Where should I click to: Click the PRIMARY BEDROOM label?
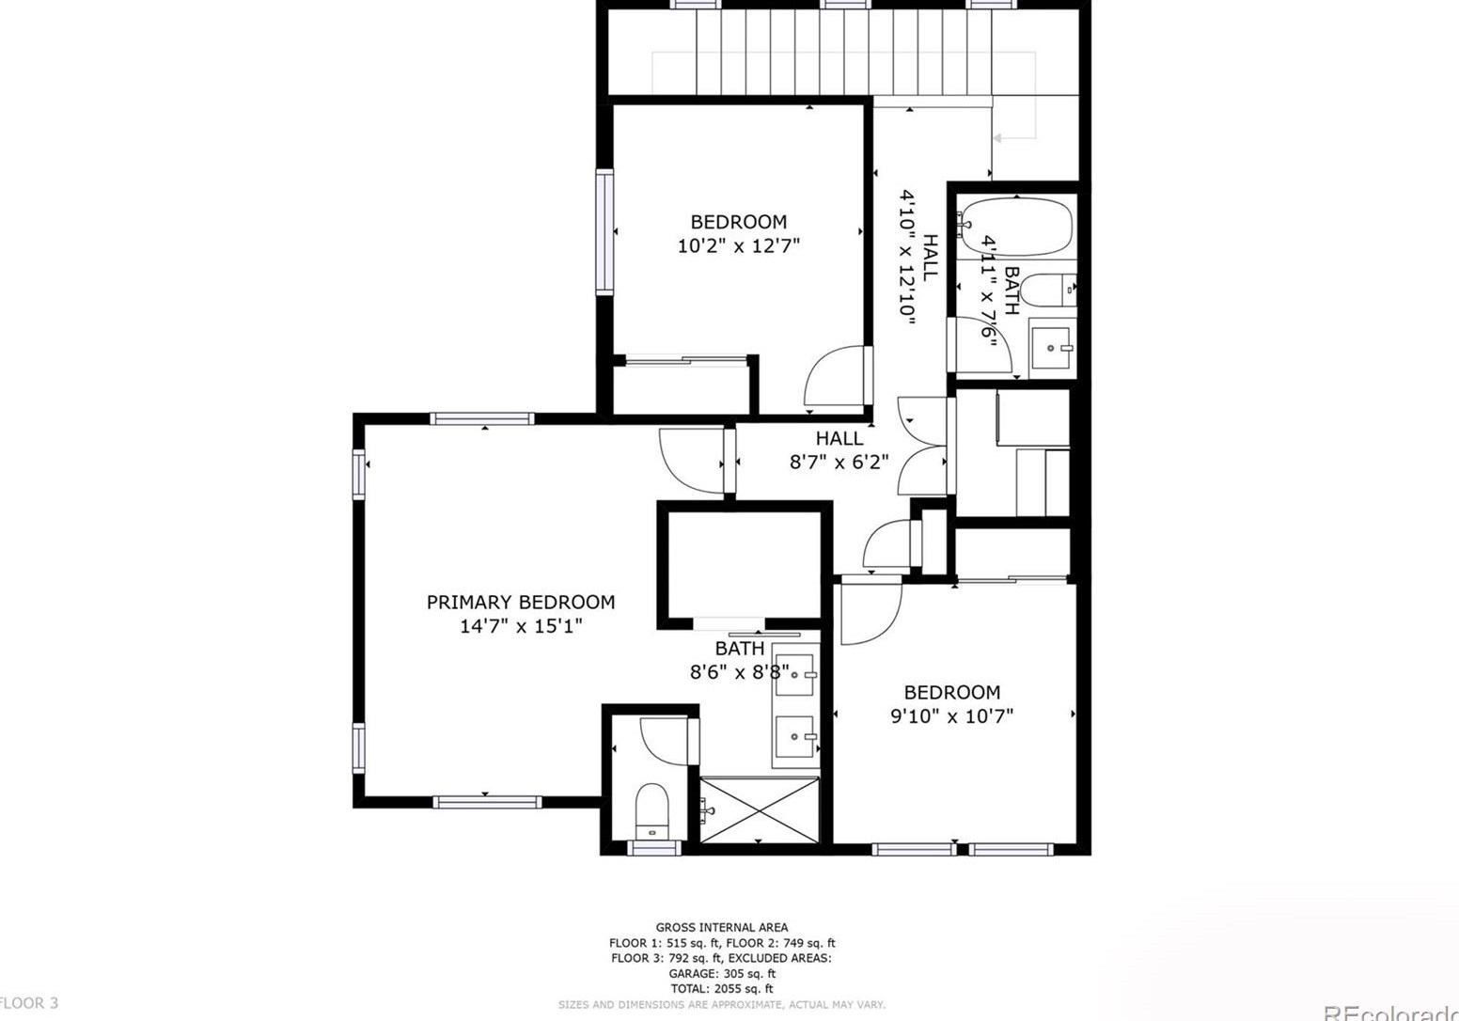pos(521,602)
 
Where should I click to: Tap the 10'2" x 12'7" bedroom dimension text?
pos(738,246)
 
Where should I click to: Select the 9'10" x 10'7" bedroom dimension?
pos(951,716)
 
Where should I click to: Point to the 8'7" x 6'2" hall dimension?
pos(839,462)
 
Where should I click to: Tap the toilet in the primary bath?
pos(651,809)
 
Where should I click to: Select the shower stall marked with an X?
pos(760,809)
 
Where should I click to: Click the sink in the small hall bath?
pos(1052,348)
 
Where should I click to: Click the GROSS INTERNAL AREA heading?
pos(721,928)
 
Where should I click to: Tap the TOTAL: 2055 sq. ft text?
pos(721,989)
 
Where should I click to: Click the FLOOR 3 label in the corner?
pos(29,1003)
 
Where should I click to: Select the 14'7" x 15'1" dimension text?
pos(521,626)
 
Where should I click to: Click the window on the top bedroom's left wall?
pos(604,232)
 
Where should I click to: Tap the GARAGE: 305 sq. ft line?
pos(721,974)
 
